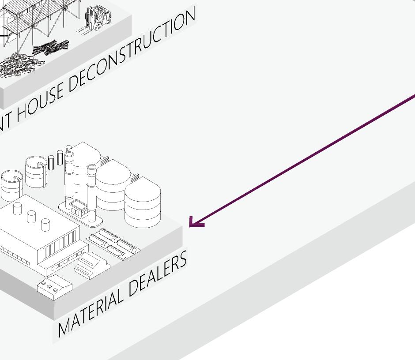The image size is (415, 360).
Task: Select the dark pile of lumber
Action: [x=51, y=47]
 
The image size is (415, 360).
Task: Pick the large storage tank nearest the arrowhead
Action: [x=142, y=203]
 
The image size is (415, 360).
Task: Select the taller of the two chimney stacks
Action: [x=69, y=176]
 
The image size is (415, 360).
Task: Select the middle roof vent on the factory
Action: [x=31, y=216]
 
